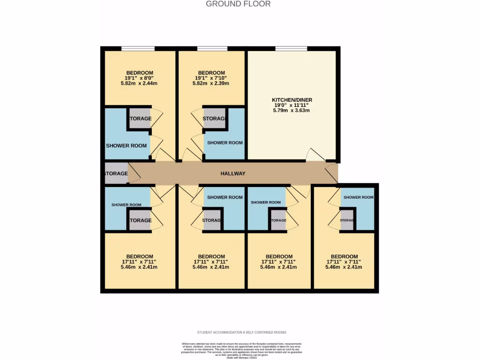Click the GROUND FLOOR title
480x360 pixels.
(238, 4)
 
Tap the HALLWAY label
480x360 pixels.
(233, 173)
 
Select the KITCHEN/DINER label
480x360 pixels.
(292, 100)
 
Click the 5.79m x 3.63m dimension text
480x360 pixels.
(292, 111)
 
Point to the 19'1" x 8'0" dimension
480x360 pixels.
(139, 78)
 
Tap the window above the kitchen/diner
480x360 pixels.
(291, 48)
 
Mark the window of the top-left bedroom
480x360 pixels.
(138, 48)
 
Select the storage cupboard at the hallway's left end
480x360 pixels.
(115, 173)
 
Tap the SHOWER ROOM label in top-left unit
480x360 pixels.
(126, 146)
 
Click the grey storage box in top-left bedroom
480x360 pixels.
(140, 119)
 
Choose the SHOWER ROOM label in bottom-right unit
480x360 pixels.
(358, 197)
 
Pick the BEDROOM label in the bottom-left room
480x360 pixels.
(139, 256)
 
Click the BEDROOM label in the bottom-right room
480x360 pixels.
(344, 256)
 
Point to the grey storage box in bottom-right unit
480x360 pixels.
(347, 221)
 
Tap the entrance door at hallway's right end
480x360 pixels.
(332, 173)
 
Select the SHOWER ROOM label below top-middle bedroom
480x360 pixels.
(225, 142)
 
